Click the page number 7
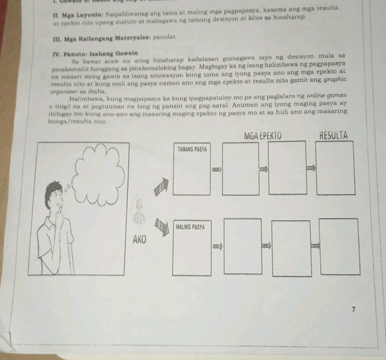(x=354, y=309)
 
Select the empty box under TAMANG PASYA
(x=191, y=174)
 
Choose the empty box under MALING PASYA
(x=192, y=252)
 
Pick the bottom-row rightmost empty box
(x=339, y=246)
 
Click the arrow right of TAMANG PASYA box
(x=216, y=170)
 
